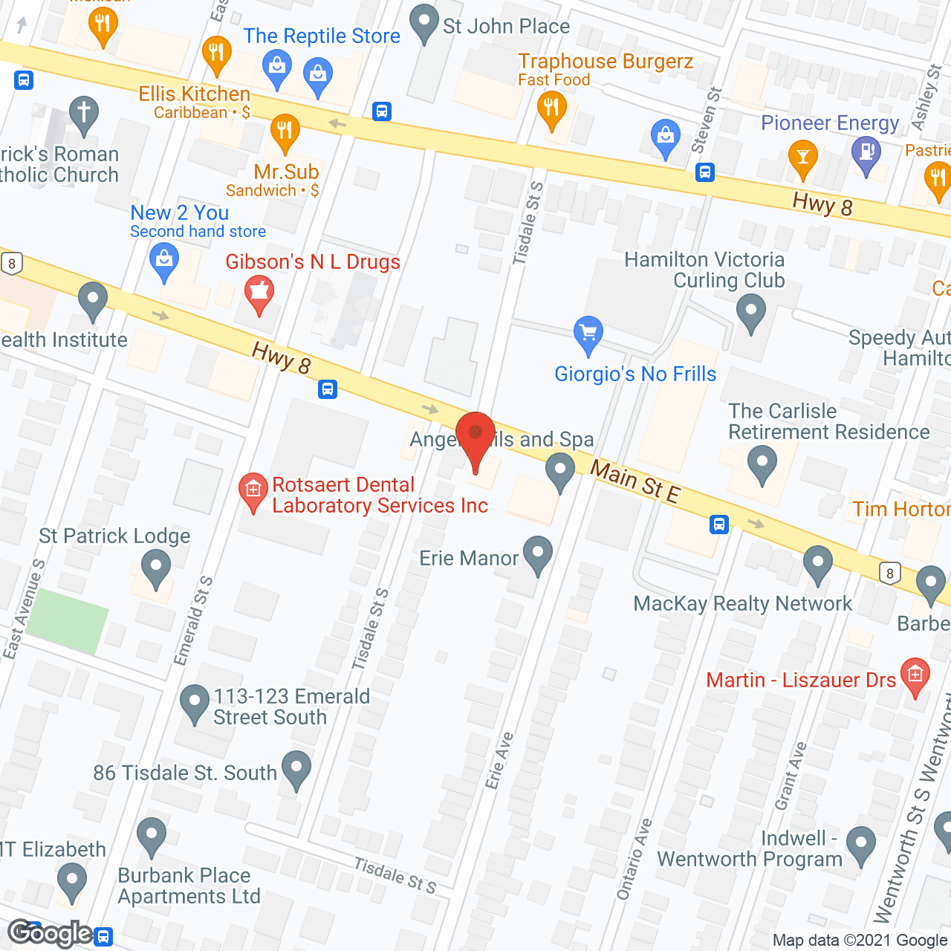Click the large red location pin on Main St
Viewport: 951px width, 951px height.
(x=475, y=438)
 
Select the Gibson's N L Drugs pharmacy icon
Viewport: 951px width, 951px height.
(x=259, y=293)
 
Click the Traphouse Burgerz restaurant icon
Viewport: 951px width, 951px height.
(x=551, y=109)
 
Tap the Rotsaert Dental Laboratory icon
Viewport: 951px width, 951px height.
(x=253, y=491)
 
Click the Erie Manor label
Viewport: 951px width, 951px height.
(x=468, y=558)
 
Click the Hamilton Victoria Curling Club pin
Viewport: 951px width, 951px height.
(x=750, y=312)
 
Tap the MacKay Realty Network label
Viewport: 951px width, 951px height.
(x=742, y=603)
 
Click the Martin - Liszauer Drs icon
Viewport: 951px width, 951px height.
(x=915, y=675)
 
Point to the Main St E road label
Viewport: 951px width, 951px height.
(x=634, y=481)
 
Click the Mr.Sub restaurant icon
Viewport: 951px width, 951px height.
(x=285, y=132)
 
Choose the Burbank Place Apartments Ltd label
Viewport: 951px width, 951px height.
(x=189, y=886)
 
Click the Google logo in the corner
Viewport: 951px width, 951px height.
(x=51, y=933)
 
